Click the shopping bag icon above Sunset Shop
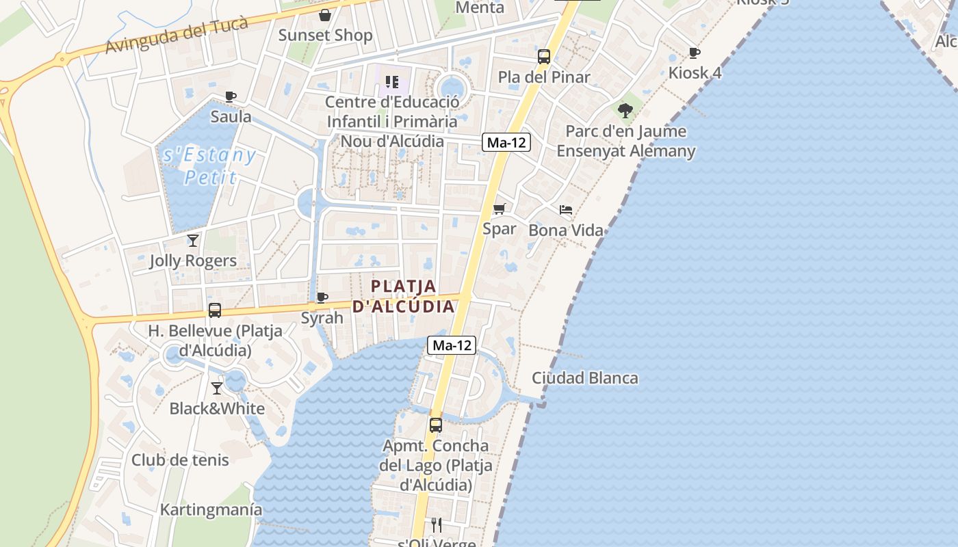325,14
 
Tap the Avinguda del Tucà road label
176,35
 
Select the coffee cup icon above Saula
231,97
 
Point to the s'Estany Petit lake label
209,166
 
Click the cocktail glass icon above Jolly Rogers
193,240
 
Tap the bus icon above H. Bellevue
215,310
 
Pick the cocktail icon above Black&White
217,388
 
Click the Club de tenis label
180,459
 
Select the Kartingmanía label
211,509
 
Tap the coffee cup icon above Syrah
322,297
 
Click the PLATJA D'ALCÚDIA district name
404,295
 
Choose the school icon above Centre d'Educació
392,83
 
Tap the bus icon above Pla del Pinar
544,57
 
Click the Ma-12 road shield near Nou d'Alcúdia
506,142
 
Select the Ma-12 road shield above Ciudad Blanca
452,345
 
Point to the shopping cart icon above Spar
500,209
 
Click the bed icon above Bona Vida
566,209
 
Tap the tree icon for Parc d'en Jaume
625,110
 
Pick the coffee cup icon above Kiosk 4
695,53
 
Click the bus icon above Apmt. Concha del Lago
436,425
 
